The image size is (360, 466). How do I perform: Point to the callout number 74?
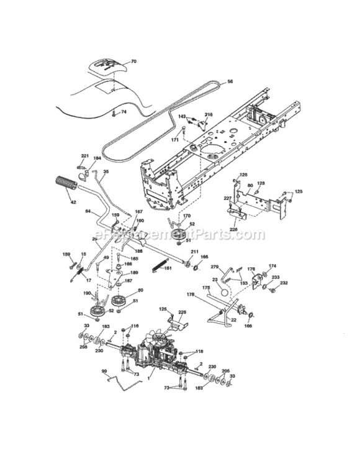tap(123, 112)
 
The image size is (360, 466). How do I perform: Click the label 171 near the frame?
tap(174, 140)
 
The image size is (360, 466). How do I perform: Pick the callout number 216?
tap(209, 115)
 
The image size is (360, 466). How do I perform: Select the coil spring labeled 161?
tap(160, 265)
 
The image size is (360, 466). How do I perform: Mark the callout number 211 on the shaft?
tap(194, 251)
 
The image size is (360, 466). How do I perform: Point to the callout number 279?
tap(215, 267)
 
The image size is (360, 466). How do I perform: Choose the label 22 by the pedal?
tap(234, 320)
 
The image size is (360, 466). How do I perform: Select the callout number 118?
tap(199, 352)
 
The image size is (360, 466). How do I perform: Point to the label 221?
tap(85, 155)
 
